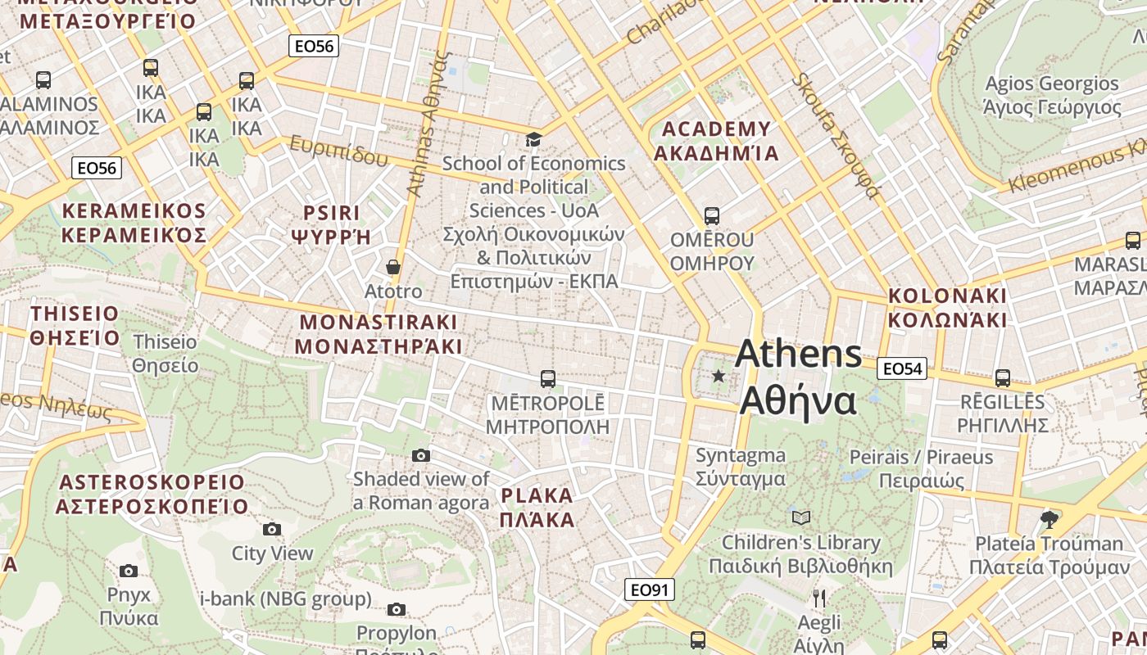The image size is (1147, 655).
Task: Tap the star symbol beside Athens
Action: tap(719, 376)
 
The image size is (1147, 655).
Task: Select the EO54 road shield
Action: tap(902, 368)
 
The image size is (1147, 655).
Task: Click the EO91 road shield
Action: tap(650, 589)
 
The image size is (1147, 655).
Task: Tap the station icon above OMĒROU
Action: tap(712, 216)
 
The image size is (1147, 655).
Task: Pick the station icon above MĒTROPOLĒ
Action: tap(548, 379)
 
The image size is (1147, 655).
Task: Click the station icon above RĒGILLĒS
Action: tap(1003, 377)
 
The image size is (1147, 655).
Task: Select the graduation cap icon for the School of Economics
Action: tap(533, 140)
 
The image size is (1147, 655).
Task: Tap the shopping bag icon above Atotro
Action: tap(393, 267)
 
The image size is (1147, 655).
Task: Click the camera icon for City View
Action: tap(272, 530)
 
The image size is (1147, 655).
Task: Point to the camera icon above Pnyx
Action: tap(129, 571)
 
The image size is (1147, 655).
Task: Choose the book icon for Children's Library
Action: tap(800, 517)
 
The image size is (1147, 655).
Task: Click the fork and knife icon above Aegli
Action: tap(818, 598)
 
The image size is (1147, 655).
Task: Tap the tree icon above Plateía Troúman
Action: tap(1049, 519)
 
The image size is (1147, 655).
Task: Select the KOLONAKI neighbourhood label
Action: tap(947, 307)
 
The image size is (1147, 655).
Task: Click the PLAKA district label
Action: tap(537, 507)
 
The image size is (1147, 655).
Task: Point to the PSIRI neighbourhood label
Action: tap(332, 225)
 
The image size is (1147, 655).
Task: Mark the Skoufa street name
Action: tap(836, 137)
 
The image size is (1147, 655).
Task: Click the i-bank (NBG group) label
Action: tap(286, 599)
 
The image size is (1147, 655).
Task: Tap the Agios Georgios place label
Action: tap(1052, 95)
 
